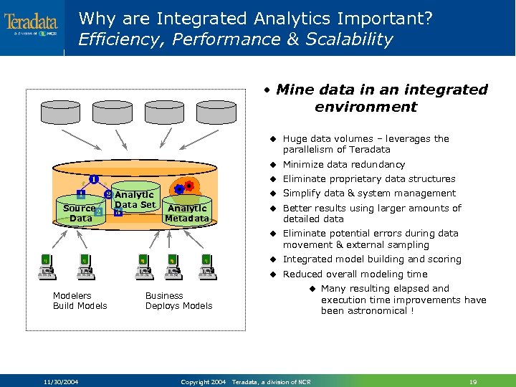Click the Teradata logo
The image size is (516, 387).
31,24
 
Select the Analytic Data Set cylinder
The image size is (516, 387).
135,201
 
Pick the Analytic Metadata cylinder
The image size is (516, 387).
188,211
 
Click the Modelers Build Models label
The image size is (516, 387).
80,301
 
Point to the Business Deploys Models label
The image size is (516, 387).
178,301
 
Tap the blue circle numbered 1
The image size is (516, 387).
94,178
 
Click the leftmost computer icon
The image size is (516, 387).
47,266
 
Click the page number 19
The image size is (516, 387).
472,381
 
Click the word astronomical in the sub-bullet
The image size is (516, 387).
373,312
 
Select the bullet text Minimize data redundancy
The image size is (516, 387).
343,165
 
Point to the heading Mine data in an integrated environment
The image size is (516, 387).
374,98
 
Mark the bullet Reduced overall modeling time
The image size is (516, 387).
355,274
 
